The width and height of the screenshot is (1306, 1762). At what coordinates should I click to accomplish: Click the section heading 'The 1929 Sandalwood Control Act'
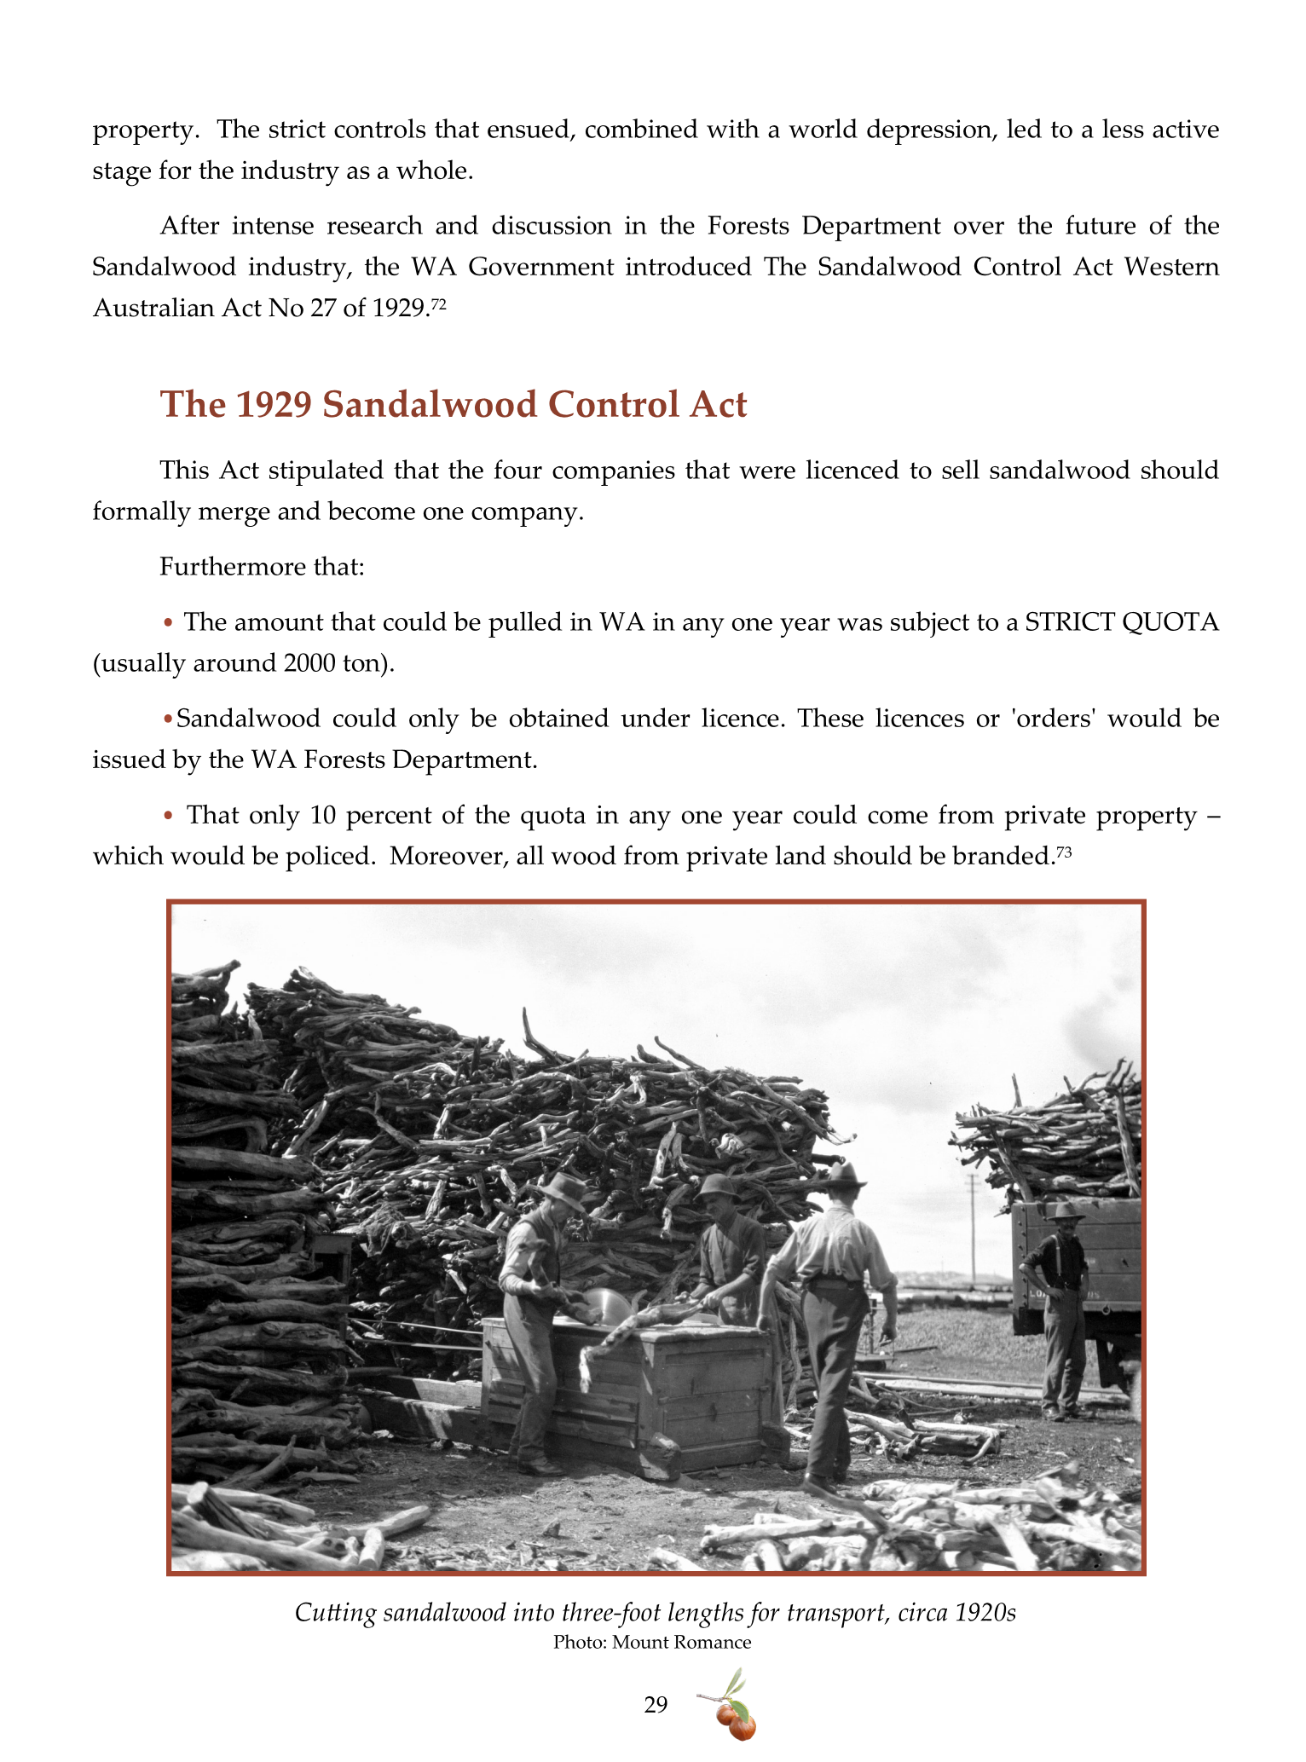pos(454,404)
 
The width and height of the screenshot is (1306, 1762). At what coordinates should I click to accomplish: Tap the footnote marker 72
pos(438,303)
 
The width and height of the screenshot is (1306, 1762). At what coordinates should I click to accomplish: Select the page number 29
pos(656,1704)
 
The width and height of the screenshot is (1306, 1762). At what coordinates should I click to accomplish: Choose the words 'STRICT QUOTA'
pos(1121,622)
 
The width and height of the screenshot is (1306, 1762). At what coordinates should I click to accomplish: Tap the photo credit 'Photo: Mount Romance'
pos(652,1642)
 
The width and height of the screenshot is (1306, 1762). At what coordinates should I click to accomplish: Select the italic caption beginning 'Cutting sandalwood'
pos(655,1613)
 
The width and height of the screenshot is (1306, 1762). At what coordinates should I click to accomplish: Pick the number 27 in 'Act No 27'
pos(323,308)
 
